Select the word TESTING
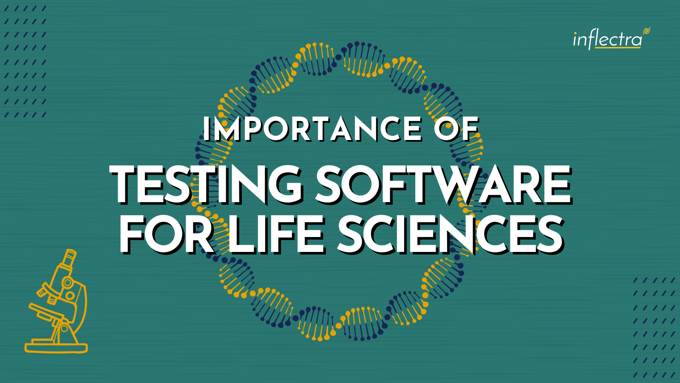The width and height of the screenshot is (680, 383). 206,184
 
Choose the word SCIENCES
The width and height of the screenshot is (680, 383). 450,234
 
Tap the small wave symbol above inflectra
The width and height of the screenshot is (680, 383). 647,31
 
